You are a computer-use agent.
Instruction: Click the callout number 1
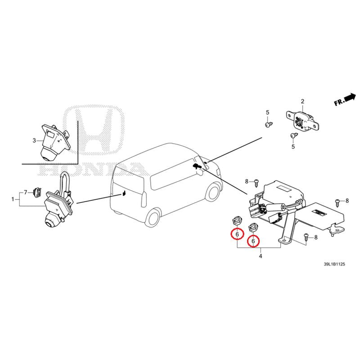point(13,199)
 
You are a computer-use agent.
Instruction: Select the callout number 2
point(302,101)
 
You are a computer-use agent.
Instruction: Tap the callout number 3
point(34,140)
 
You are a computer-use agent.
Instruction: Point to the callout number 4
point(261,256)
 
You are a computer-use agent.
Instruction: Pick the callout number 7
point(26,193)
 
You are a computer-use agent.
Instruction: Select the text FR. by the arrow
point(339,102)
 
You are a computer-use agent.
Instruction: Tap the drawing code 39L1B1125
point(334,264)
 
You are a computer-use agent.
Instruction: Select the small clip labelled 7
point(37,192)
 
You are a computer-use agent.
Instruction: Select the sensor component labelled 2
point(302,121)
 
